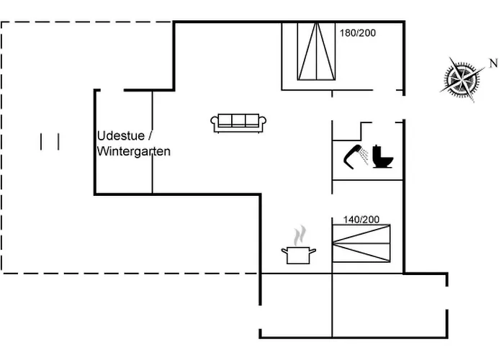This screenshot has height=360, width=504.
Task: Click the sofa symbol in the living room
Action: pos(238,123)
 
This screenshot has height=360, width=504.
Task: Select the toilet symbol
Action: pos(383,157)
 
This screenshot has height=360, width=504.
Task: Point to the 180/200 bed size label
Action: pos(358,33)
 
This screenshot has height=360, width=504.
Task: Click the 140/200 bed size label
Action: pos(361,220)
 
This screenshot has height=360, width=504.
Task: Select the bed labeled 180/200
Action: pos(317,51)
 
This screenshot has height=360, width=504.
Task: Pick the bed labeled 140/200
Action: pos(361,243)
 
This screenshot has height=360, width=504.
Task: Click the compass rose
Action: pos(462,79)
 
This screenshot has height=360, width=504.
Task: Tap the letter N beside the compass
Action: pos(493,63)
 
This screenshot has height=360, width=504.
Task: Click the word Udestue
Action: pos(121,135)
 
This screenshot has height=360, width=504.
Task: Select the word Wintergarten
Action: pos(134,151)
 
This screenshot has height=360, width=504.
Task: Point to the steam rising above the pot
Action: pos(300,235)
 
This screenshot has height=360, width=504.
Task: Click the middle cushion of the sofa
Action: pos(238,120)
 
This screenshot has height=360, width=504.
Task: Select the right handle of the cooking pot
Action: pos(312,251)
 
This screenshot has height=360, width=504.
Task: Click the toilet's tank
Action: pos(377,151)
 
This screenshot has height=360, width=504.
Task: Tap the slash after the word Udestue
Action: pos(150,135)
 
